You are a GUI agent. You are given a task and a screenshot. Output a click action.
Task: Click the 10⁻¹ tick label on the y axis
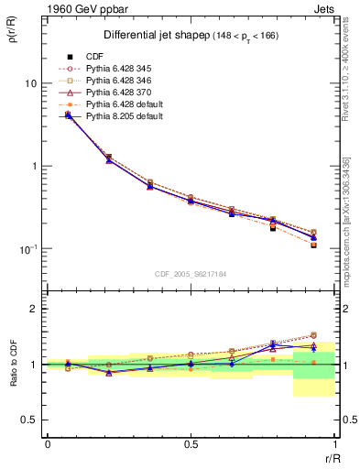click(x=27, y=249)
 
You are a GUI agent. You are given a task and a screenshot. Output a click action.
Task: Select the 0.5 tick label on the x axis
click(x=191, y=445)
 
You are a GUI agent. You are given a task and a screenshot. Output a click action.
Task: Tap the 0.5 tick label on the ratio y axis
click(x=28, y=420)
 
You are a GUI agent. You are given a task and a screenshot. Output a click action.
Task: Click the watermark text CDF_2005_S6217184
click(x=191, y=273)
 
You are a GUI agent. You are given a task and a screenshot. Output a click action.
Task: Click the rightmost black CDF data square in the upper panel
click(x=313, y=245)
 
